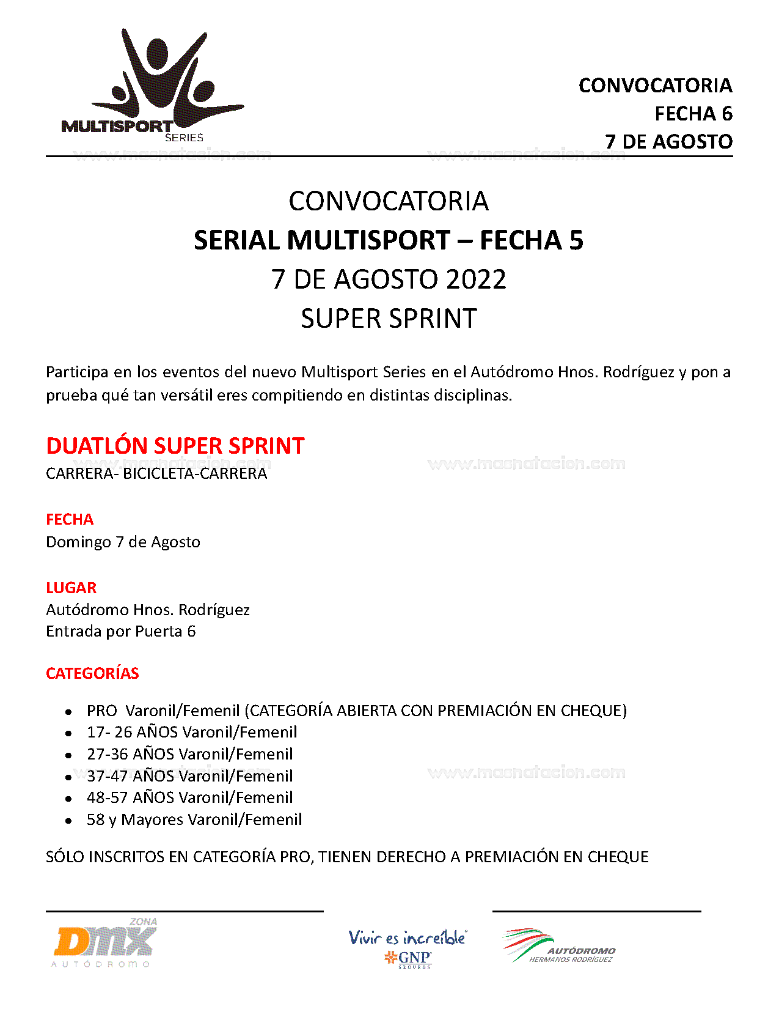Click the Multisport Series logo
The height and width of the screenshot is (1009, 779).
pos(153,86)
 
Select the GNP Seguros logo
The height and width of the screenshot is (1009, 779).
pos(408,948)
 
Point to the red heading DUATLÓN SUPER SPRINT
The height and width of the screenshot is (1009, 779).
pos(175,446)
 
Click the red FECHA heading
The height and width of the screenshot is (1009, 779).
pos(70,519)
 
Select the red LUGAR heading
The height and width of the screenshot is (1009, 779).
pos(71,588)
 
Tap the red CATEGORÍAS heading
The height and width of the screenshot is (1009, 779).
pos(92,673)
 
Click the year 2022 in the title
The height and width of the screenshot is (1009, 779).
pos(476,279)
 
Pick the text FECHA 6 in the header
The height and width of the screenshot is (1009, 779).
pos(693,114)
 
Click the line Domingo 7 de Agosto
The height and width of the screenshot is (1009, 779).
pos(123,542)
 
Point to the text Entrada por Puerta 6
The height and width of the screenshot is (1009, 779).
pos(120,631)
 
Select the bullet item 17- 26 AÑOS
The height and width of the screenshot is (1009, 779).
pos(191,732)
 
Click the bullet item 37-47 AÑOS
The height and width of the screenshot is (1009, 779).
pos(189,776)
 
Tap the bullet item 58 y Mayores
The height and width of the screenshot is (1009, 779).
pos(194,819)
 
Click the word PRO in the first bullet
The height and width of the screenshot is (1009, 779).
pos(101,711)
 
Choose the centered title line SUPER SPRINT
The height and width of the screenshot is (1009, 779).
pos(389,319)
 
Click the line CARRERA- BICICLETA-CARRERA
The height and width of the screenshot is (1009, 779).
pos(156,473)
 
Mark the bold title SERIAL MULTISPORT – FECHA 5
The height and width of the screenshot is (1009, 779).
pos(389,240)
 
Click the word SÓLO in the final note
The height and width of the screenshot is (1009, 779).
pos(65,857)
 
